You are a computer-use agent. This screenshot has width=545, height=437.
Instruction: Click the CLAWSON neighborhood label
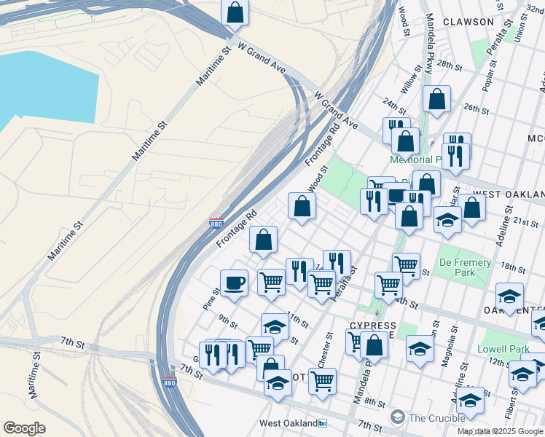(467, 22)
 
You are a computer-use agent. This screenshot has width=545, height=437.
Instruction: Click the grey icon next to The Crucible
(397, 417)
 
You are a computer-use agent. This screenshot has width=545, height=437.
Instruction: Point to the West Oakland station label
(290, 423)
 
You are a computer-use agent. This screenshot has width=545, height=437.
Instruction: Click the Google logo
(24, 428)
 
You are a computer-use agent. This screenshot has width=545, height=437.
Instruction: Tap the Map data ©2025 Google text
(501, 431)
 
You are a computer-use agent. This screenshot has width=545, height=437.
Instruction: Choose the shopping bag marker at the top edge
(235, 13)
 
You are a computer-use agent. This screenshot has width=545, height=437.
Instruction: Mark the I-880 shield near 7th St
(169, 382)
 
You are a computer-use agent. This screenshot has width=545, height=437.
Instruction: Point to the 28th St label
(450, 66)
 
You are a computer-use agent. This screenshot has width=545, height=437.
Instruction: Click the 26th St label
(475, 109)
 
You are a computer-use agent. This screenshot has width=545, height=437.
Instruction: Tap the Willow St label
(416, 79)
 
